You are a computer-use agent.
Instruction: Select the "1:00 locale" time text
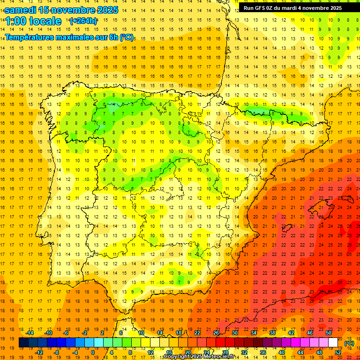click(33, 21)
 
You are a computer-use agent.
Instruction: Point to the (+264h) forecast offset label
click(83, 21)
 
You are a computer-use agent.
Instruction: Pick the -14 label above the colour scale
click(30, 333)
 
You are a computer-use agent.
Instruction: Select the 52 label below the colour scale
click(338, 352)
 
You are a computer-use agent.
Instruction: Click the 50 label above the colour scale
click(329, 333)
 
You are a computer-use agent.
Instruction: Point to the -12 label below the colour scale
click(39, 352)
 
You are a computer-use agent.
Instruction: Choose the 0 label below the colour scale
click(92, 352)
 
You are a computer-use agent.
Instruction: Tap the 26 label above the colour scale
click(216, 333)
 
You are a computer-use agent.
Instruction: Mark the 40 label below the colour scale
click(281, 352)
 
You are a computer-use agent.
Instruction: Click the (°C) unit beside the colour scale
click(349, 343)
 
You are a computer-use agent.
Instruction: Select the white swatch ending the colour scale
click(333, 343)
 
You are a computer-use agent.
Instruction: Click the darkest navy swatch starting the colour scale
click(23, 343)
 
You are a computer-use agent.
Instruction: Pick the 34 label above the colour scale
click(254, 333)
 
